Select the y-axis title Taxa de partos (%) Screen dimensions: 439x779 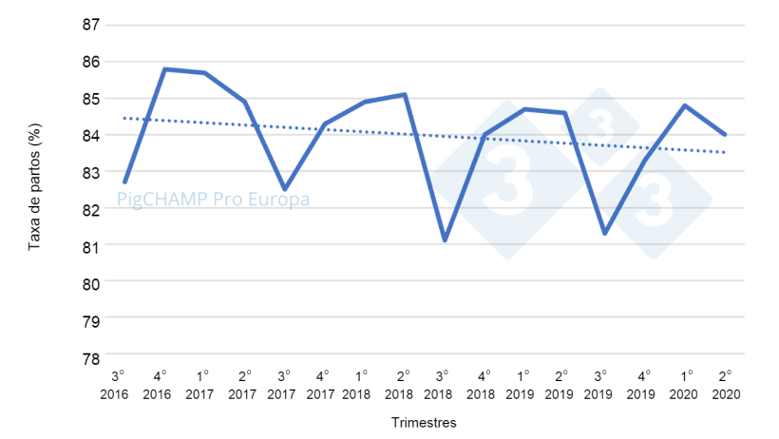34,191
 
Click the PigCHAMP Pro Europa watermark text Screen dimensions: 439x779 213,200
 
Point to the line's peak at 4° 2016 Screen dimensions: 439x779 164,69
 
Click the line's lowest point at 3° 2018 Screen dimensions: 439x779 445,240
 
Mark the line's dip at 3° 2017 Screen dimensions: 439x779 284,189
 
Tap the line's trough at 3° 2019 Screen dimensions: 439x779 605,233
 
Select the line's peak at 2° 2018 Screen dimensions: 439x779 405,94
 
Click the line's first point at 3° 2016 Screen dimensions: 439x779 124,181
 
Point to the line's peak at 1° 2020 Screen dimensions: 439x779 685,105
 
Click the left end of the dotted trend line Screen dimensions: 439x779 124,118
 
